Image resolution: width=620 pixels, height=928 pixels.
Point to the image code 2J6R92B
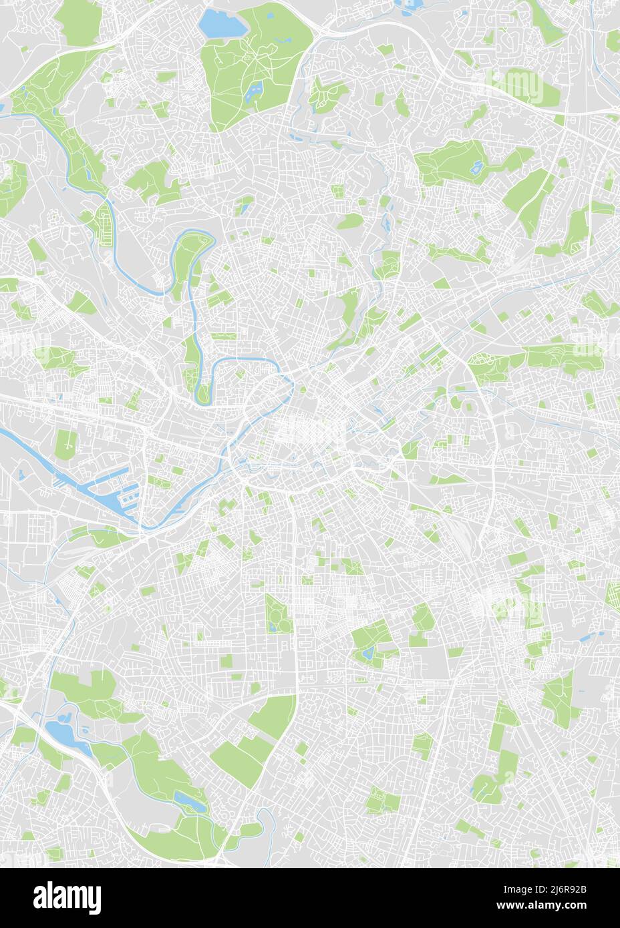coord(564,889)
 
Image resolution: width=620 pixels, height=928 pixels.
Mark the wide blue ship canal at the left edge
coord(27,447)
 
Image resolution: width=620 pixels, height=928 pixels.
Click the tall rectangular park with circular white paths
coord(275,614)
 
